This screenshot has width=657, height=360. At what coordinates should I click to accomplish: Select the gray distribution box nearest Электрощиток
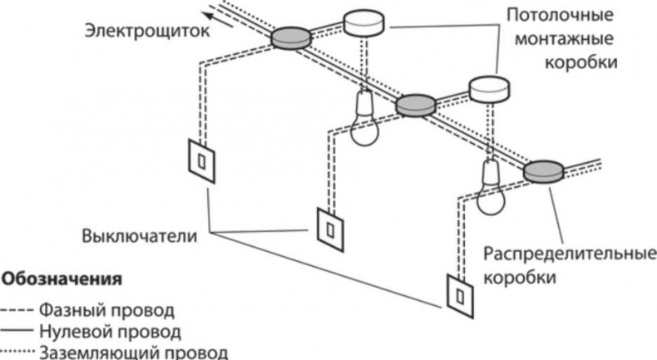pos(290,37)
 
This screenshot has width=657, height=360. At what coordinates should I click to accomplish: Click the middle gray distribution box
pos(415,105)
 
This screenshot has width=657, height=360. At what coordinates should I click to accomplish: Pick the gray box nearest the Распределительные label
pos(544,170)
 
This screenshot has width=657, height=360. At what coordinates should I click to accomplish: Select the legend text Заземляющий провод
pos(132,353)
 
